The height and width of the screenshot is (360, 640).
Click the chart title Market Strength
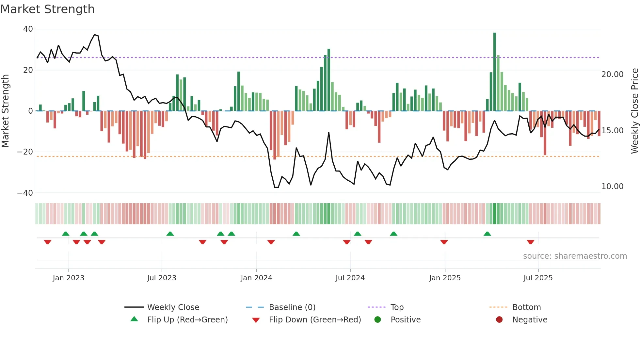pyautogui.click(x=47, y=9)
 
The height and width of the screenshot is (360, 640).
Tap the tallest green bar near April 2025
pyautogui.click(x=494, y=72)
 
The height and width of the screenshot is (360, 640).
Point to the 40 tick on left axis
pyautogui.click(x=28, y=29)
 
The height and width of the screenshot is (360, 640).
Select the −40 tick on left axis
pyautogui.click(x=25, y=193)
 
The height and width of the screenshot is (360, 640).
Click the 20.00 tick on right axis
pyautogui.click(x=612, y=74)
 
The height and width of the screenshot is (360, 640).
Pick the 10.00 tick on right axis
pyautogui.click(x=612, y=187)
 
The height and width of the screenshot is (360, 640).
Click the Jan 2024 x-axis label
pyautogui.click(x=256, y=278)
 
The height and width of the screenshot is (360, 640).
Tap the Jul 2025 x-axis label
pyautogui.click(x=538, y=278)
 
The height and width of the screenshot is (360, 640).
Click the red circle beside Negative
pyautogui.click(x=499, y=320)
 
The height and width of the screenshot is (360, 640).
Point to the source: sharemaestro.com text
pyautogui.click(x=575, y=256)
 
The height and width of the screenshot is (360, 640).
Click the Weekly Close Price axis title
pyautogui.click(x=634, y=111)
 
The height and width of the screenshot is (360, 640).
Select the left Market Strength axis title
pyautogui.click(x=6, y=111)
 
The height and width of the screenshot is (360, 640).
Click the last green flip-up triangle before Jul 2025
pyautogui.click(x=487, y=234)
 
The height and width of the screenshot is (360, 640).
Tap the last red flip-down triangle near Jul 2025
pyautogui.click(x=530, y=242)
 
